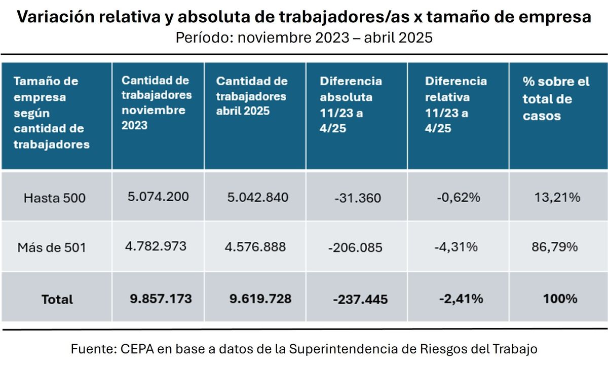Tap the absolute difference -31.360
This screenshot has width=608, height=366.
pyautogui.click(x=357, y=198)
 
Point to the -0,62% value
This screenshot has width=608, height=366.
pyautogui.click(x=458, y=197)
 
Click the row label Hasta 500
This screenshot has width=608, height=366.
pyautogui.click(x=55, y=198)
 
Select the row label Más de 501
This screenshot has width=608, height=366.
pyautogui.click(x=52, y=248)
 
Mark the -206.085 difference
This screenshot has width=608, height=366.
pyautogui.click(x=355, y=248)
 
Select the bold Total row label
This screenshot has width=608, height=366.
pyautogui.click(x=57, y=299)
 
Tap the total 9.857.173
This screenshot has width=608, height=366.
pyautogui.click(x=161, y=299)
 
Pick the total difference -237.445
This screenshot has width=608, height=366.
pyautogui.click(x=360, y=300)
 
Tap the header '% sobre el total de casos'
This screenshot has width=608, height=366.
pyautogui.click(x=556, y=98)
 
